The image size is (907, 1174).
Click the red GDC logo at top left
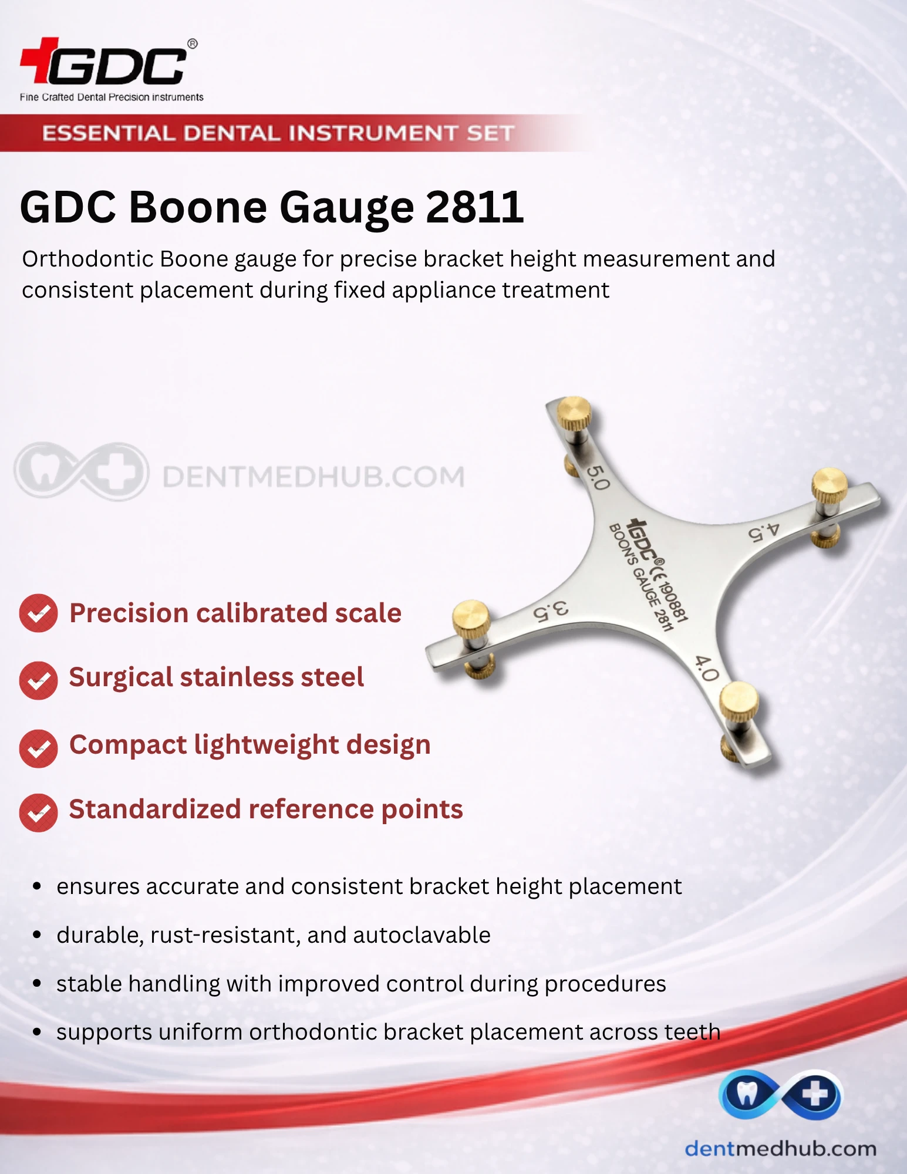coord(109,62)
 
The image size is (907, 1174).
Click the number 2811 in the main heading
coord(474,207)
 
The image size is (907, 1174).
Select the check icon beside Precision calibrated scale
coord(38,613)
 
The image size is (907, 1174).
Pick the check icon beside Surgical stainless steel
coord(38,680)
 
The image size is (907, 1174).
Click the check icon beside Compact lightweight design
coord(38,748)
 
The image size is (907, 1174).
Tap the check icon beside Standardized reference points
coord(38,812)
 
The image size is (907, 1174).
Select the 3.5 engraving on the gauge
coord(551,610)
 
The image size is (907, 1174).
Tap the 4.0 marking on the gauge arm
coord(707,668)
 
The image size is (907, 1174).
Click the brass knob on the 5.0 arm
coord(574,413)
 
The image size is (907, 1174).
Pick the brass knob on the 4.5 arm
coord(829,485)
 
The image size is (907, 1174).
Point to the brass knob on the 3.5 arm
coord(471,619)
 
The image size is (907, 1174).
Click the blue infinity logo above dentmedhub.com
coord(780,1094)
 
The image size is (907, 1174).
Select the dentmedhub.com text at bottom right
coord(780,1148)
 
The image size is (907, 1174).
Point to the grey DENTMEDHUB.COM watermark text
coord(313,476)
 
